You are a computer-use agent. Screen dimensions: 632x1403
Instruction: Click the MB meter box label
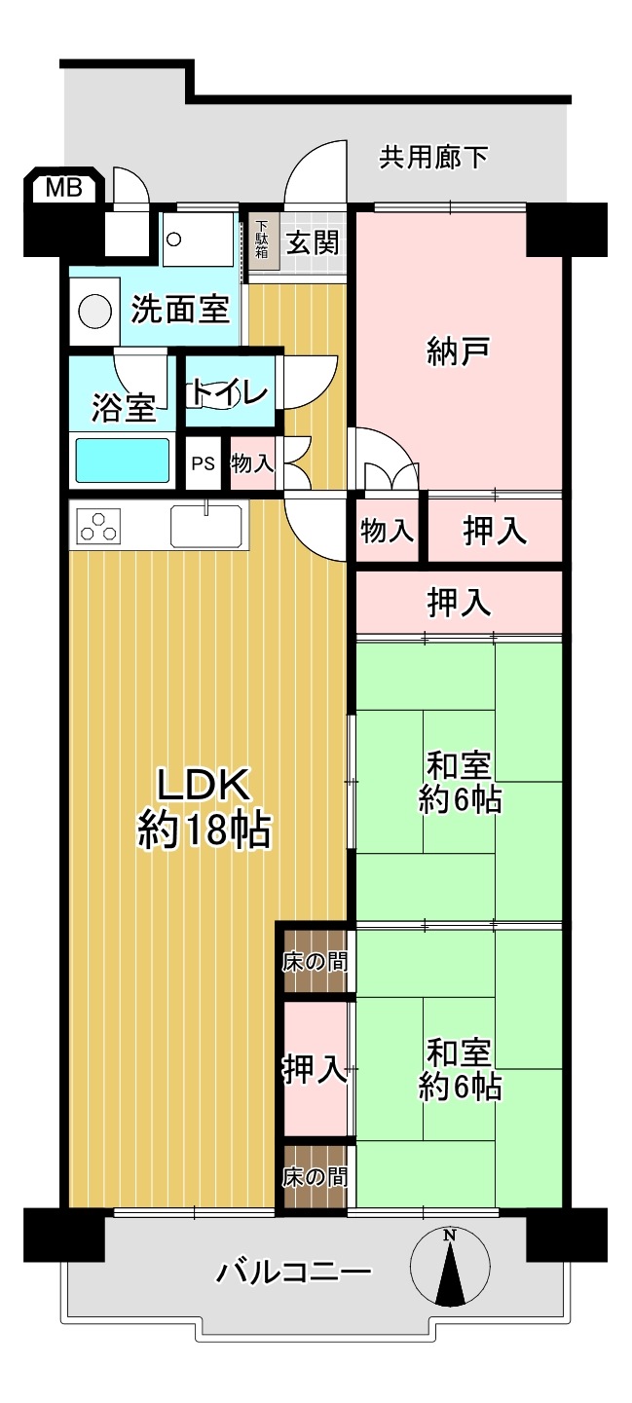[64, 187]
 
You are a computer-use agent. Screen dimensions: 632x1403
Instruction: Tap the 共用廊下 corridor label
[432, 157]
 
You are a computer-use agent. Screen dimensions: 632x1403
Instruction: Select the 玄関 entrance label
[312, 241]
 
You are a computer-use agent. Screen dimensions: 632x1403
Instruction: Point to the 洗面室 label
[180, 309]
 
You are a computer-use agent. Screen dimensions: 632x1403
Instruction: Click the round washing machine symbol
[94, 312]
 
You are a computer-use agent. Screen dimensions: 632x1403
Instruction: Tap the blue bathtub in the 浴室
[123, 460]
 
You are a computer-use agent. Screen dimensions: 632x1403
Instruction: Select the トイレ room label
[229, 392]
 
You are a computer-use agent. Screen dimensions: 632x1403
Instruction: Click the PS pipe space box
[203, 462]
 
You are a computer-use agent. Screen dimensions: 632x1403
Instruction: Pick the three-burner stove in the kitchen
[98, 526]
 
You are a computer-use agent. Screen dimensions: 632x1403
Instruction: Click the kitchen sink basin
[205, 525]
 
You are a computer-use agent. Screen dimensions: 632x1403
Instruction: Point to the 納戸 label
[458, 351]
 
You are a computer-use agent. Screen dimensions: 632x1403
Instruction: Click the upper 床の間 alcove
[316, 961]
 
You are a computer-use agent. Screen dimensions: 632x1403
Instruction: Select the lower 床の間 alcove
[316, 1176]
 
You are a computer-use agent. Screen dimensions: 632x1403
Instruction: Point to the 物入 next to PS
[252, 462]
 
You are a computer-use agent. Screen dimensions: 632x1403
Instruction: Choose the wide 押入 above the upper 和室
[459, 602]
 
